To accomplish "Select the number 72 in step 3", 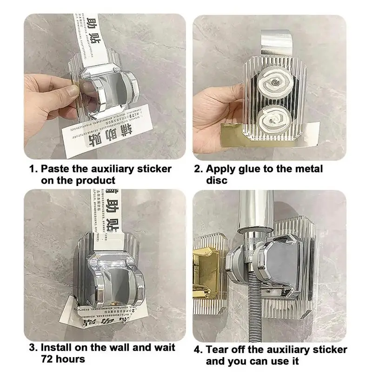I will [x=47, y=359].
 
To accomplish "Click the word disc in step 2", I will [x=217, y=180].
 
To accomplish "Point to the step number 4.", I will [x=197, y=349].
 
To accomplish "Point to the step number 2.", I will [x=197, y=169].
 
